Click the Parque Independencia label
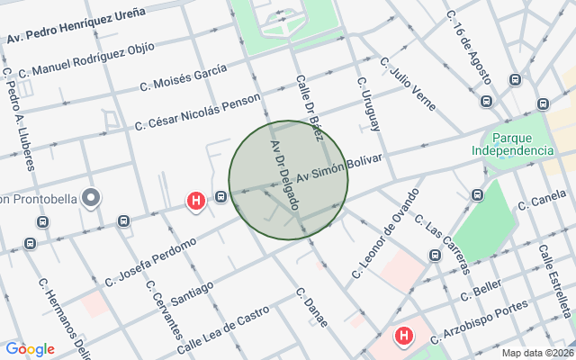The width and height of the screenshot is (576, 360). pyautogui.click(x=511, y=144)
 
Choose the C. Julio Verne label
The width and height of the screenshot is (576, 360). pyautogui.click(x=408, y=84)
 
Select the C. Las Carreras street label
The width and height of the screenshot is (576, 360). pyautogui.click(x=446, y=247)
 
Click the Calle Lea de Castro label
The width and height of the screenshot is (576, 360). pyautogui.click(x=222, y=330)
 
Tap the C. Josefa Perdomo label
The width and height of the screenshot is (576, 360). pyautogui.click(x=150, y=262)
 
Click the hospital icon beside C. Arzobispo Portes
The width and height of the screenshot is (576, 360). pyautogui.click(x=404, y=337)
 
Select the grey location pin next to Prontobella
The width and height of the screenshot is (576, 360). pyautogui.click(x=91, y=197)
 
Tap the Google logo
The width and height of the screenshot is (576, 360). pyautogui.click(x=30, y=349)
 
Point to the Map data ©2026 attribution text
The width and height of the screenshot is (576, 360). pyautogui.click(x=537, y=353)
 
